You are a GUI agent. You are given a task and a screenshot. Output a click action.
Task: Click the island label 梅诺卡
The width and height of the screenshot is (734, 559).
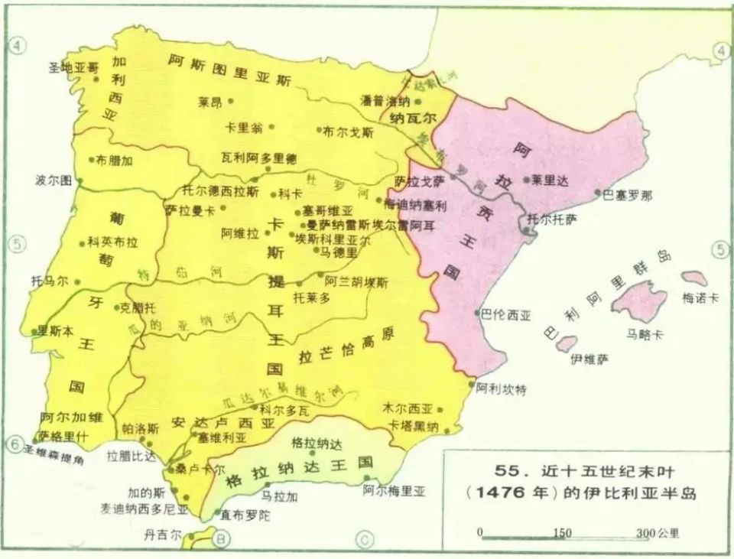coord(700,298)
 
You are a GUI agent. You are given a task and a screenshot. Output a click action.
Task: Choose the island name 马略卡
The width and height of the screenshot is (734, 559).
coord(645,333)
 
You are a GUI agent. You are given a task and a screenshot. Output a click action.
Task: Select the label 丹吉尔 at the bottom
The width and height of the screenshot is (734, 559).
coord(164,535)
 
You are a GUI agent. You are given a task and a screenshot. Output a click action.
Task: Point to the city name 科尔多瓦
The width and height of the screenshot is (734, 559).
coord(284,411)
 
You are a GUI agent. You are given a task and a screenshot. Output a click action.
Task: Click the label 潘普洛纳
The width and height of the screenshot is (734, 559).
coord(386,101)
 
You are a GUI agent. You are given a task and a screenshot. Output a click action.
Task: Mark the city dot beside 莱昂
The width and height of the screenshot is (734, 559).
coord(230,101)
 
